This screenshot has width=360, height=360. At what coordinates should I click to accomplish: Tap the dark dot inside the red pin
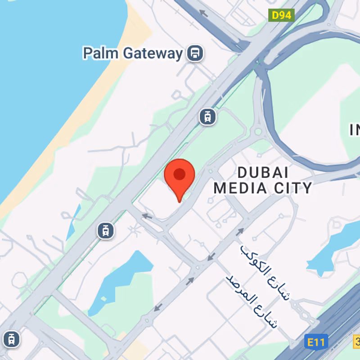pyautogui.click(x=179, y=174)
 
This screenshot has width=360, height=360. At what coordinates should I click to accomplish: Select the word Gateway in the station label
pyautogui.click(x=153, y=54)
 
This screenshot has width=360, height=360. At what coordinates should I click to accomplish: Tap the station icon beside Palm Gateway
pyautogui.click(x=195, y=54)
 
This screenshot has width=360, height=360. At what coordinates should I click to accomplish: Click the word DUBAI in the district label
pyautogui.click(x=262, y=172)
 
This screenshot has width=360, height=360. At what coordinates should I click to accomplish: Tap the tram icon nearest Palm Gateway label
pyautogui.click(x=207, y=117)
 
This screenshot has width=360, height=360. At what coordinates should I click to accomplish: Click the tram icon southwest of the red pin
pyautogui.click(x=105, y=231)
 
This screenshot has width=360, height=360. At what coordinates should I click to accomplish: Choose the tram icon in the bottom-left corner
pyautogui.click(x=10, y=339)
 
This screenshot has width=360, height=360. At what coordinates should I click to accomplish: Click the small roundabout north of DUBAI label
pyautogui.click(x=258, y=132)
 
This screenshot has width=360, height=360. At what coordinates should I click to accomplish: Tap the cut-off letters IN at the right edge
pyautogui.click(x=355, y=130)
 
